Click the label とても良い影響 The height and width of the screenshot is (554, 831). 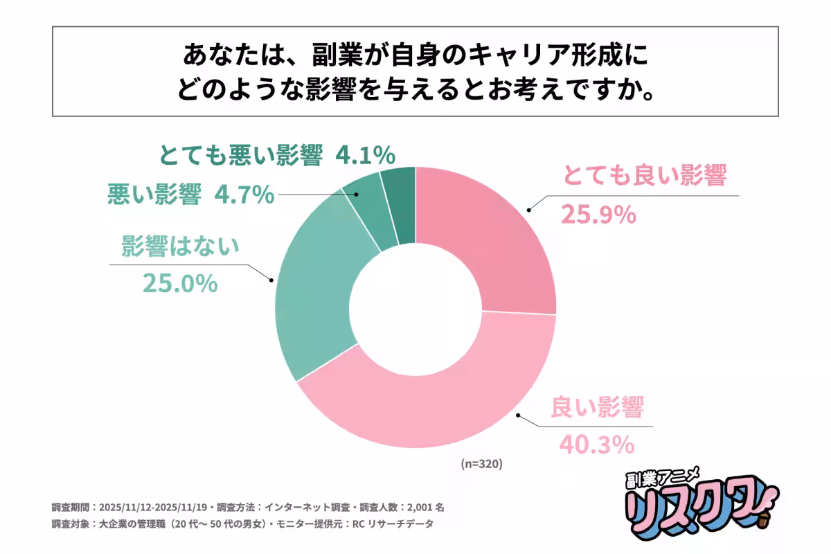(x=644, y=177)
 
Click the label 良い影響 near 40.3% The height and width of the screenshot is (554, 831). (x=597, y=408)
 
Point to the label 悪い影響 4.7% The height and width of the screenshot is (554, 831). (x=191, y=196)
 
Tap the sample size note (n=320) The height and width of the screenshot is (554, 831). (x=481, y=463)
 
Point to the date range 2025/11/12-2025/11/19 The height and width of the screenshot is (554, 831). (x=159, y=506)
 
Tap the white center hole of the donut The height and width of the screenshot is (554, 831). (x=415, y=308)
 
